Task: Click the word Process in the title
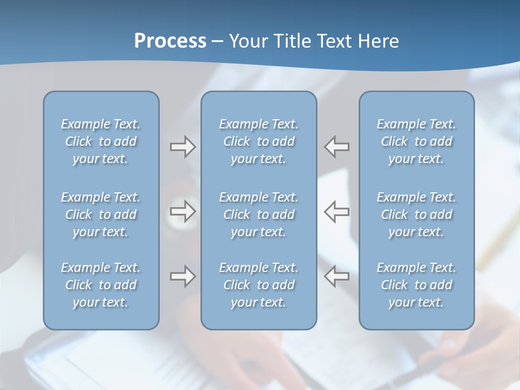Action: [x=170, y=41]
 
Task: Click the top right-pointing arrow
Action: [x=183, y=146]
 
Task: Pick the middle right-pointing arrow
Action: [x=183, y=211]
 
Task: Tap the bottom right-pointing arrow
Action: [x=183, y=276]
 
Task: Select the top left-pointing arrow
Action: [x=337, y=146]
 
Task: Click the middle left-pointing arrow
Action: [x=337, y=211]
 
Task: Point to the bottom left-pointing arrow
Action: [x=337, y=276]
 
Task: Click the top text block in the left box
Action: [x=101, y=141]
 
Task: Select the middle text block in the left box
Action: [x=101, y=214]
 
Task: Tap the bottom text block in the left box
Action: [x=101, y=285]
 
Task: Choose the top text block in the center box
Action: [x=258, y=141]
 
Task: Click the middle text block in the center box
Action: [x=258, y=214]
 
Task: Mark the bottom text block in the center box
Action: [x=258, y=285]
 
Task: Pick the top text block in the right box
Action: [x=417, y=141]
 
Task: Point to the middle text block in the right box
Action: [x=417, y=214]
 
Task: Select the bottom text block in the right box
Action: [x=417, y=285]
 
